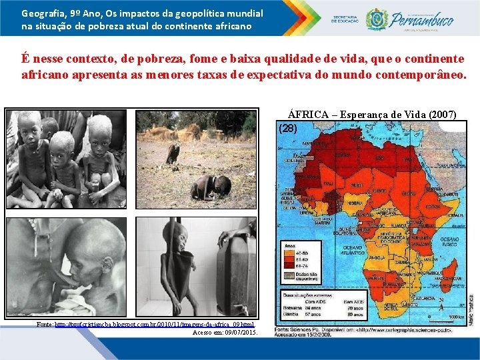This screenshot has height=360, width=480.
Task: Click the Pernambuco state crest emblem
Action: [x=378, y=19]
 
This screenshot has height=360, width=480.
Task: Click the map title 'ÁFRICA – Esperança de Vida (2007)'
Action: [x=372, y=114]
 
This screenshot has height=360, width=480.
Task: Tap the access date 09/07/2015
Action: [x=239, y=332]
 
